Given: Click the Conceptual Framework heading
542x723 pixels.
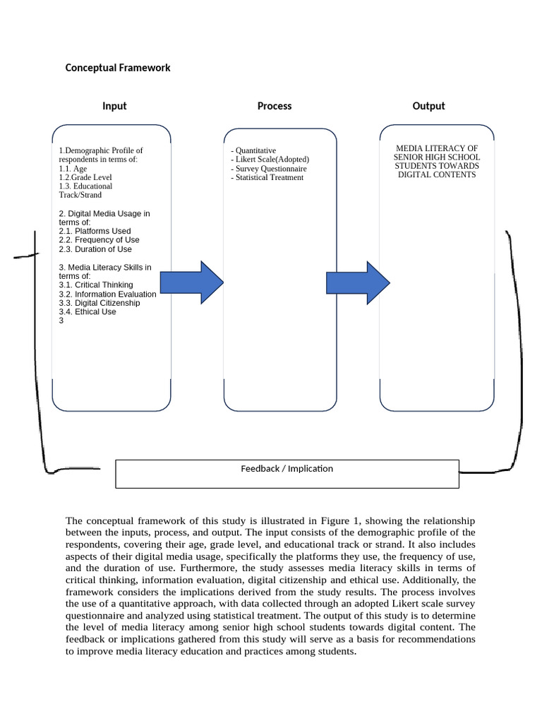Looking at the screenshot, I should tap(118, 68).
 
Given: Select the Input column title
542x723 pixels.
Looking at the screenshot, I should tap(114, 106).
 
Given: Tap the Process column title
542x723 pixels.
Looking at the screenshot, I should tap(275, 106).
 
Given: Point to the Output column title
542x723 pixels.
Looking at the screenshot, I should tap(428, 106).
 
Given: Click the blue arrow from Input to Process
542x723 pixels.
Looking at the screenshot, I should tap(192, 282).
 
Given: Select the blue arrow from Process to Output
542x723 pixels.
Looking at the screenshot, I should tap(358, 282).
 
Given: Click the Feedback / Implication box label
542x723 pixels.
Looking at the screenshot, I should tap(287, 469).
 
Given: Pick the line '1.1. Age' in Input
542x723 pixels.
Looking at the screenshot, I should tap(73, 169).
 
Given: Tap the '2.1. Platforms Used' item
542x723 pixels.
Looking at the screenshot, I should tap(95, 231).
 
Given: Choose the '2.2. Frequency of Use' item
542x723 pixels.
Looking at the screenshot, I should tap(99, 240).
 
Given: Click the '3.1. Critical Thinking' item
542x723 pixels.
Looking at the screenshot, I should tap(96, 285).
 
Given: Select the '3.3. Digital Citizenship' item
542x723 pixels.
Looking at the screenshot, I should tap(100, 303).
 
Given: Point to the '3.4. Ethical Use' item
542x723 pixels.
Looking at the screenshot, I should tap(88, 312).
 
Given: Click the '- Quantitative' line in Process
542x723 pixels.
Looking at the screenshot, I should tap(253, 150).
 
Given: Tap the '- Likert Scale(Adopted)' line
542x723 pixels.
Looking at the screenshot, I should tap(270, 160).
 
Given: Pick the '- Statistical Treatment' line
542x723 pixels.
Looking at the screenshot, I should tap(267, 178).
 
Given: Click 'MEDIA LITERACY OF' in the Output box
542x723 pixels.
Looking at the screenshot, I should tap(437, 148).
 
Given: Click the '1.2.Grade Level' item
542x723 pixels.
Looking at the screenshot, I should tap(85, 178).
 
